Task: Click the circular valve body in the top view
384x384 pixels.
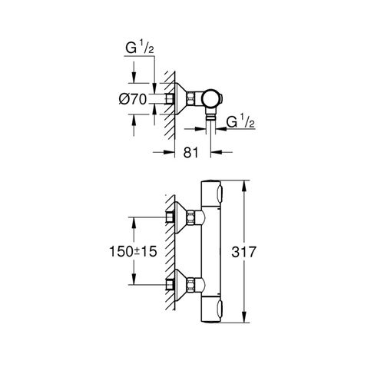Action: tap(210, 99)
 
